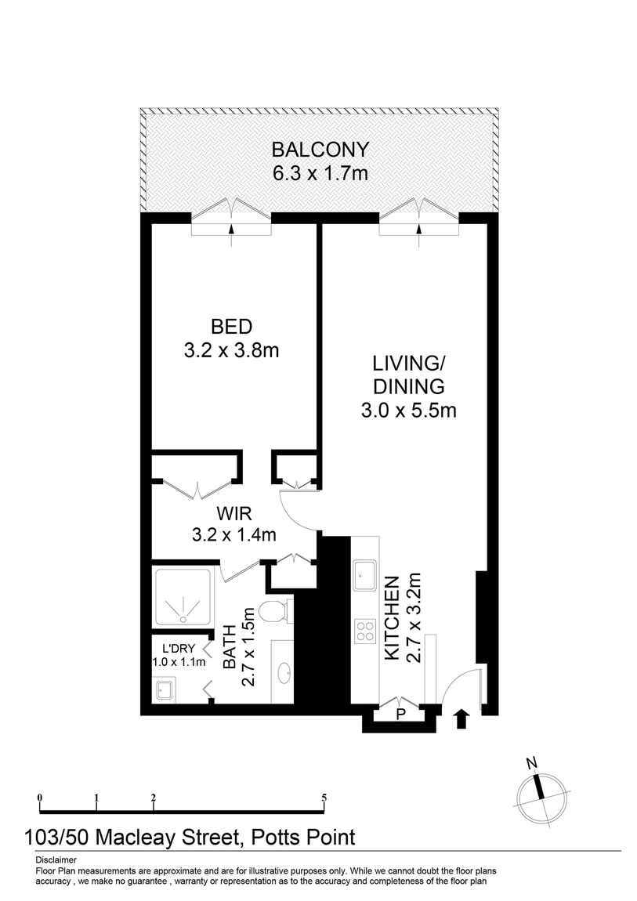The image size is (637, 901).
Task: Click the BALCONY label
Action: [319, 150]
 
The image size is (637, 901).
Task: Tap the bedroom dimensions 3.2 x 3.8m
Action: [231, 350]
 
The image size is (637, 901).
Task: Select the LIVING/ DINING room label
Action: [408, 375]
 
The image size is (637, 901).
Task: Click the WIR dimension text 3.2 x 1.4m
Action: [234, 535]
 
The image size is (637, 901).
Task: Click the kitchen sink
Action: [365, 574]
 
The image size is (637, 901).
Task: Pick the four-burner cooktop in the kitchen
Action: [365, 631]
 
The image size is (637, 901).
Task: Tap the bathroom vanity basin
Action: [284, 671]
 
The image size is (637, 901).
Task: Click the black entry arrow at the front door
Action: [461, 718]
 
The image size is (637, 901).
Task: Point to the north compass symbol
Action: [539, 792]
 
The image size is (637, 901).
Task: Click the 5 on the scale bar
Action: [324, 798]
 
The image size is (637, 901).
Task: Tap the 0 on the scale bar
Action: [39, 798]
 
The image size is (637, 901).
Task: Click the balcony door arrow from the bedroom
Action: [231, 229]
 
